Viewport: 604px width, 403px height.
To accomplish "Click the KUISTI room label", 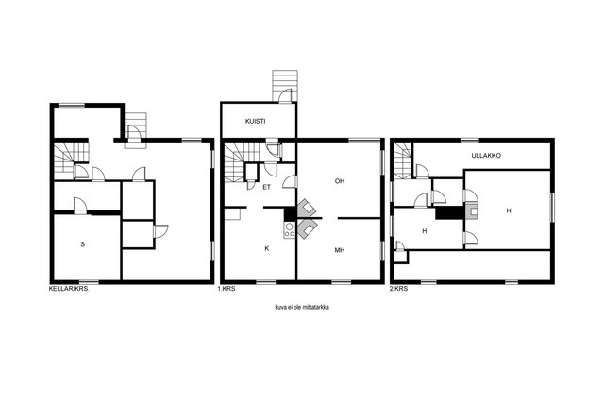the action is (255, 121).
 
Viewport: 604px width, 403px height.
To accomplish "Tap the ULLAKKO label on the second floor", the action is (486, 156).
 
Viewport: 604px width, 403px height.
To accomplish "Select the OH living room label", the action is (340, 180).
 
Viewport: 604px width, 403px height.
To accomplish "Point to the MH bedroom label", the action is (340, 250).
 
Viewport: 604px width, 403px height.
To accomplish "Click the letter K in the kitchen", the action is (266, 248).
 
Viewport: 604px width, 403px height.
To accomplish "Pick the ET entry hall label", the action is (266, 187).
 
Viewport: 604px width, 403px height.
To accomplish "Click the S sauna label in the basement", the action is (82, 243).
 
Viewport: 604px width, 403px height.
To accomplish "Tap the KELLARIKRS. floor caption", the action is (69, 288).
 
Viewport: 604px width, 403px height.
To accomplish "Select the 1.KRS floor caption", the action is (226, 288).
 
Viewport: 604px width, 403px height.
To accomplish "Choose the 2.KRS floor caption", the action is (398, 288).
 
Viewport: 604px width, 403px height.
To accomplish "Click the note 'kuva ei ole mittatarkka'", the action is (302, 307).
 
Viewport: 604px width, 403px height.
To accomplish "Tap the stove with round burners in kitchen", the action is (290, 230).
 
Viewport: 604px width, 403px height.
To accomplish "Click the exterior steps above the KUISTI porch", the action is (285, 86).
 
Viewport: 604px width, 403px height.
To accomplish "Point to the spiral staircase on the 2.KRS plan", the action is (402, 160).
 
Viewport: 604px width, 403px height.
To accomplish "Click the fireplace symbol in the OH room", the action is (307, 208).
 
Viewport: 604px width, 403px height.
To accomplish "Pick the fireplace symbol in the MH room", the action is (307, 228).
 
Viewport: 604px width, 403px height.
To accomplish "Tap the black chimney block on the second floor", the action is (449, 213).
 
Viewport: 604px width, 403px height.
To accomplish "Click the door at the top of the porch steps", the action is (285, 96).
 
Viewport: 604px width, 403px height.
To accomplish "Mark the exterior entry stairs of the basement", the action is (135, 130).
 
